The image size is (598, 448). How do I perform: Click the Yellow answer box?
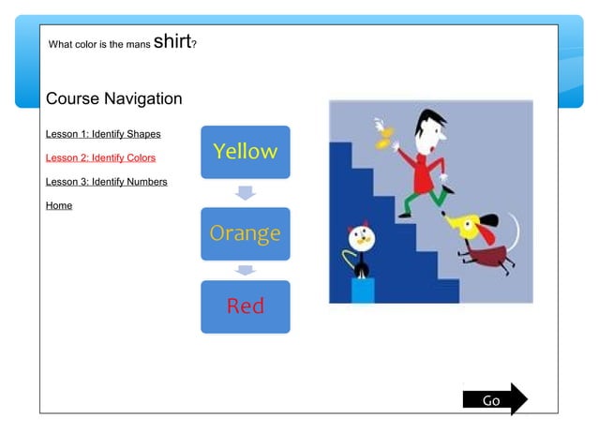tap(245, 152)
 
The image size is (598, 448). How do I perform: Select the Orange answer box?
tap(245, 233)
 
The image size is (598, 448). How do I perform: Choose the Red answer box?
tap(245, 306)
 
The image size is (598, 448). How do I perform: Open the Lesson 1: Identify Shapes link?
tap(103, 134)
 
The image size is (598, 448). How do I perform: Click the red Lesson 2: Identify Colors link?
tap(100, 157)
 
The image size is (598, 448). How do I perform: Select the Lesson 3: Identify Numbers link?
tap(106, 182)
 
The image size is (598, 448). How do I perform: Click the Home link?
tap(59, 205)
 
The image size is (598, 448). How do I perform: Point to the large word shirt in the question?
tap(172, 40)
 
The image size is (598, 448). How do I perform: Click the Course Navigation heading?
tap(113, 98)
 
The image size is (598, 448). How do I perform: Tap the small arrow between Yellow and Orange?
tap(245, 192)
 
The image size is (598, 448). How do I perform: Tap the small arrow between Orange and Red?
tap(245, 270)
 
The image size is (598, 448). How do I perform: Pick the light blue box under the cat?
tap(362, 290)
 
